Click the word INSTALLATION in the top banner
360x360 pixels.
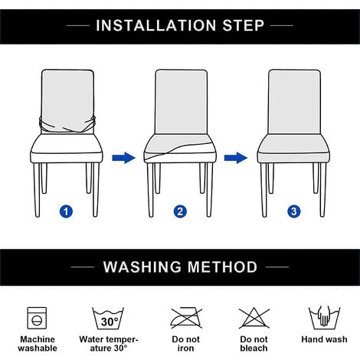coord(156,25)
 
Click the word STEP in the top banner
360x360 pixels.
coord(243,25)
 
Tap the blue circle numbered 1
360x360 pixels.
coord(66,211)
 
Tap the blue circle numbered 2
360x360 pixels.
coord(180,211)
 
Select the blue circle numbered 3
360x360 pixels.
coord(294,211)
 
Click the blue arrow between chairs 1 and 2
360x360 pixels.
coord(123,158)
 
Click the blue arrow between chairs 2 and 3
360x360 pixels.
coord(236,158)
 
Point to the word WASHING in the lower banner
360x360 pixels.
coord(142,267)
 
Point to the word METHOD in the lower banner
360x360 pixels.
coord(222,267)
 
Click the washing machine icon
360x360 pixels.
coord(37,318)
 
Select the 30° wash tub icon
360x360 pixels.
coord(108,319)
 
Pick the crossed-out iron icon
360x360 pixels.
coord(186,318)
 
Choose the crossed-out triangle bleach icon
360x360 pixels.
coord(254,318)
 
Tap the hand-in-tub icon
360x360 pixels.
coord(324,318)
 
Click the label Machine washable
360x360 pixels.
coord(38,344)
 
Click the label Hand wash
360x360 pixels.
coord(324,339)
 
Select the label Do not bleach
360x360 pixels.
coord(254,344)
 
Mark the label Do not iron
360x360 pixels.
coord(185,344)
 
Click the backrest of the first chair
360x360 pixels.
coord(67,97)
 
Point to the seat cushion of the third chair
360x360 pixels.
coord(293,148)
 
